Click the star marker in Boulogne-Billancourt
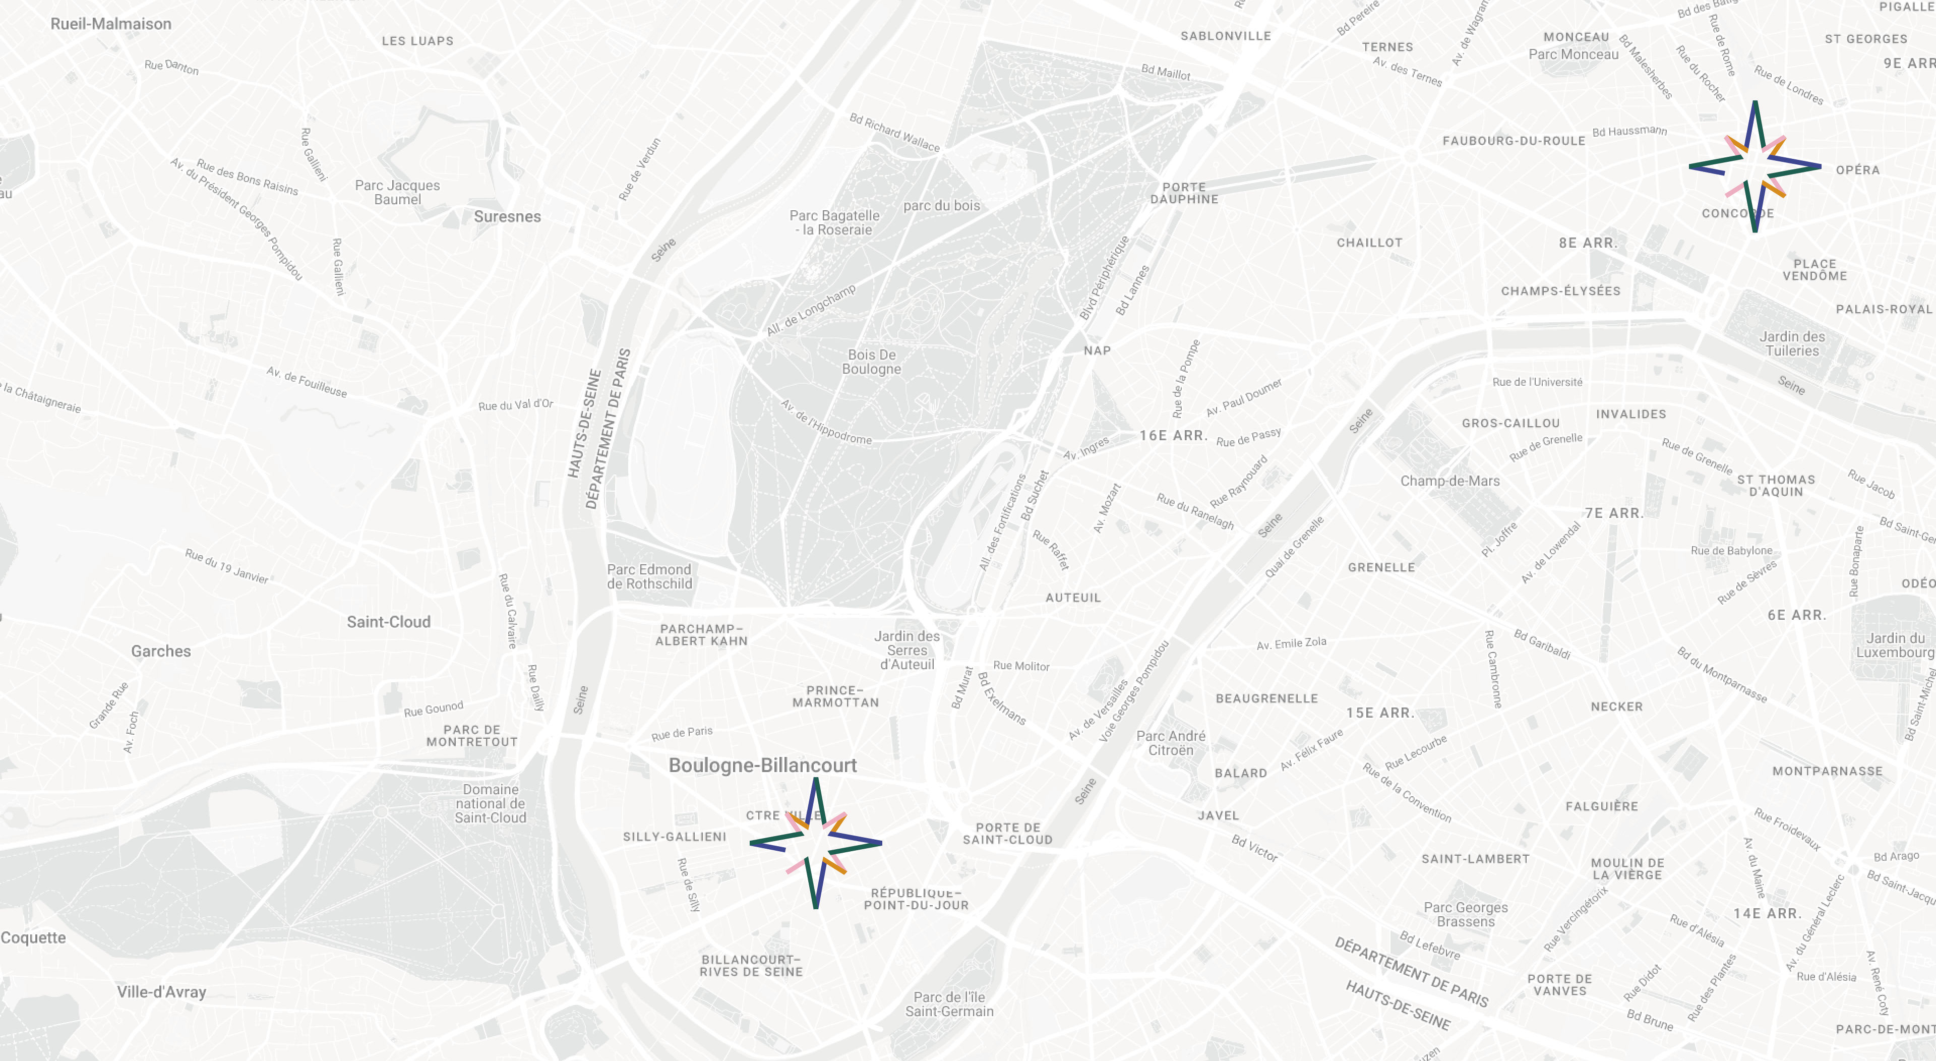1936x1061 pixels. coord(815,843)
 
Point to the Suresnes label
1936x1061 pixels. coord(507,216)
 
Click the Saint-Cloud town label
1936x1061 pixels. coord(389,622)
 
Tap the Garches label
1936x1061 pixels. coord(161,651)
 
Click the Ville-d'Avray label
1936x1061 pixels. coord(161,992)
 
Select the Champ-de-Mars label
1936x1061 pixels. coord(1450,481)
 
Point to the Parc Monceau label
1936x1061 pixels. coord(1573,54)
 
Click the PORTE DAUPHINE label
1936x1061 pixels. coord(1184,193)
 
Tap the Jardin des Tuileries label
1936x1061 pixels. coord(1792,343)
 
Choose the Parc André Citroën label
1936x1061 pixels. coord(1170,743)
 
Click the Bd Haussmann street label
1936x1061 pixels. coord(1629,131)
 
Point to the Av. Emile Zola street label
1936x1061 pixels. coord(1291,643)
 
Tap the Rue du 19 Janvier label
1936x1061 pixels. coord(226,565)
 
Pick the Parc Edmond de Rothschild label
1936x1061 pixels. coord(649,577)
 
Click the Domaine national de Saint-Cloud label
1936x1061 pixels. coord(490,803)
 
